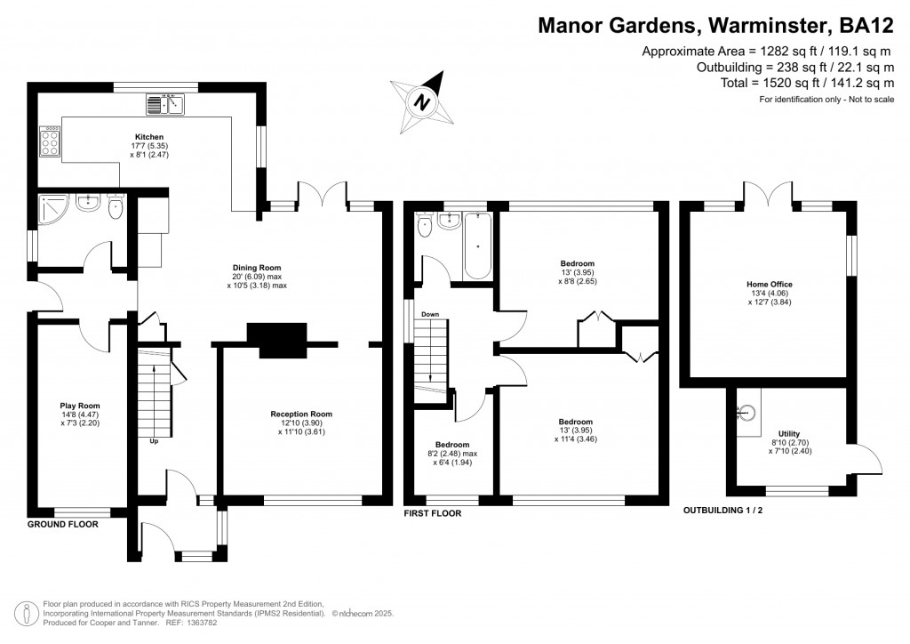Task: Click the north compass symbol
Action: [x=424, y=99]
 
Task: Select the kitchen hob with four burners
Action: [x=50, y=141]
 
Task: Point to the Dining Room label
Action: [x=257, y=267]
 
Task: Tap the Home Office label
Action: [x=769, y=285]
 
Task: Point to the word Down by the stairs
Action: [x=430, y=314]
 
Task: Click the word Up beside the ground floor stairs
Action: [x=155, y=440]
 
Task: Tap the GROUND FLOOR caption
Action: [x=63, y=524]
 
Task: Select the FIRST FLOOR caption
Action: [x=433, y=513]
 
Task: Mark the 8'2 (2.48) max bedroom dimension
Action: [x=451, y=454]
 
